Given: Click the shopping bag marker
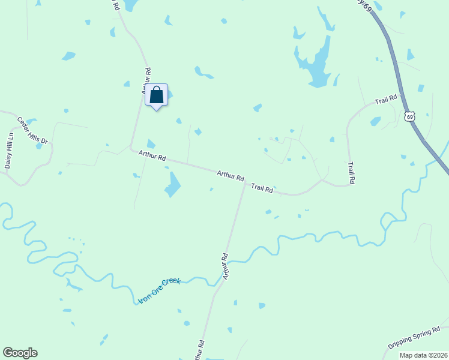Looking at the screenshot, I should click(x=157, y=95).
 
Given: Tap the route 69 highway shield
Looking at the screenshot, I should click(x=409, y=116).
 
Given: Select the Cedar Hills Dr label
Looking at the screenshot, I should click(x=32, y=131).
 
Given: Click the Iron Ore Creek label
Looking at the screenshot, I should click(x=159, y=290).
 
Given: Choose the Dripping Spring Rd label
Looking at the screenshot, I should click(x=414, y=338).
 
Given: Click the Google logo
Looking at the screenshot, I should click(x=20, y=353).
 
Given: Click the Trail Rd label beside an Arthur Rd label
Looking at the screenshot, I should click(x=262, y=188).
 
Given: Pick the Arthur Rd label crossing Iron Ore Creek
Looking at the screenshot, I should click(x=226, y=266).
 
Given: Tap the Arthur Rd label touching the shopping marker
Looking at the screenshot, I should click(x=146, y=81).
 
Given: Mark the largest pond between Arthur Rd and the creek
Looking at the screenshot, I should click(x=173, y=185).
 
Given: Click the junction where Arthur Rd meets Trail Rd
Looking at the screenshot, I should click(x=244, y=181).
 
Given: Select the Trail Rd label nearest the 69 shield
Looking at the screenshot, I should click(x=386, y=99).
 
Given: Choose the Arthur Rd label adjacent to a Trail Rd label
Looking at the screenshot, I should click(x=231, y=176).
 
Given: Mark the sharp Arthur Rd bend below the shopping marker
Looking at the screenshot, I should click(x=131, y=148).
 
